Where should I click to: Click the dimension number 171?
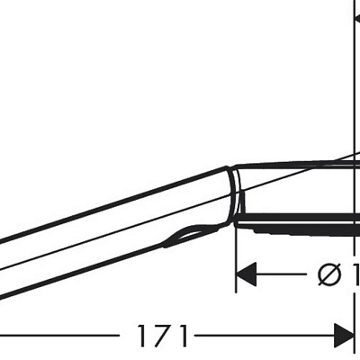(x=163, y=337)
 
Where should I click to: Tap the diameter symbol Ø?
(x=329, y=274)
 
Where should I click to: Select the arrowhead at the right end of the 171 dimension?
(x=344, y=337)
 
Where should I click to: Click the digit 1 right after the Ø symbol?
(x=353, y=274)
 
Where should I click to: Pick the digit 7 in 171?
(x=163, y=337)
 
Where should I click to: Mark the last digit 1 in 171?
(x=183, y=337)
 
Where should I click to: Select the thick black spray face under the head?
(x=297, y=219)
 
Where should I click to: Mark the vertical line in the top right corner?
(x=353, y=54)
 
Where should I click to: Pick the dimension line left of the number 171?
(x=63, y=337)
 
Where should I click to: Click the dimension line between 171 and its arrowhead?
(x=261, y=337)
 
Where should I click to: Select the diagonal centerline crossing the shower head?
(x=297, y=176)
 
